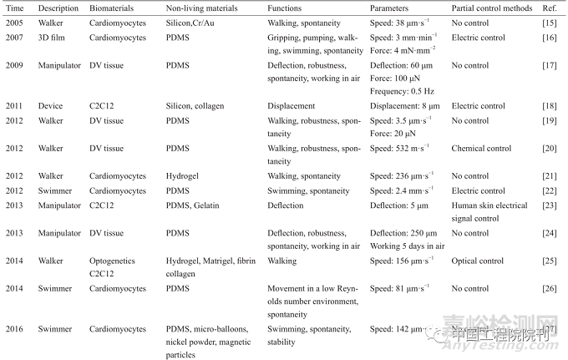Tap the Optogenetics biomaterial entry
113,261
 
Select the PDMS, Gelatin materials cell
195,205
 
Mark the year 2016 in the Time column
14,329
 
